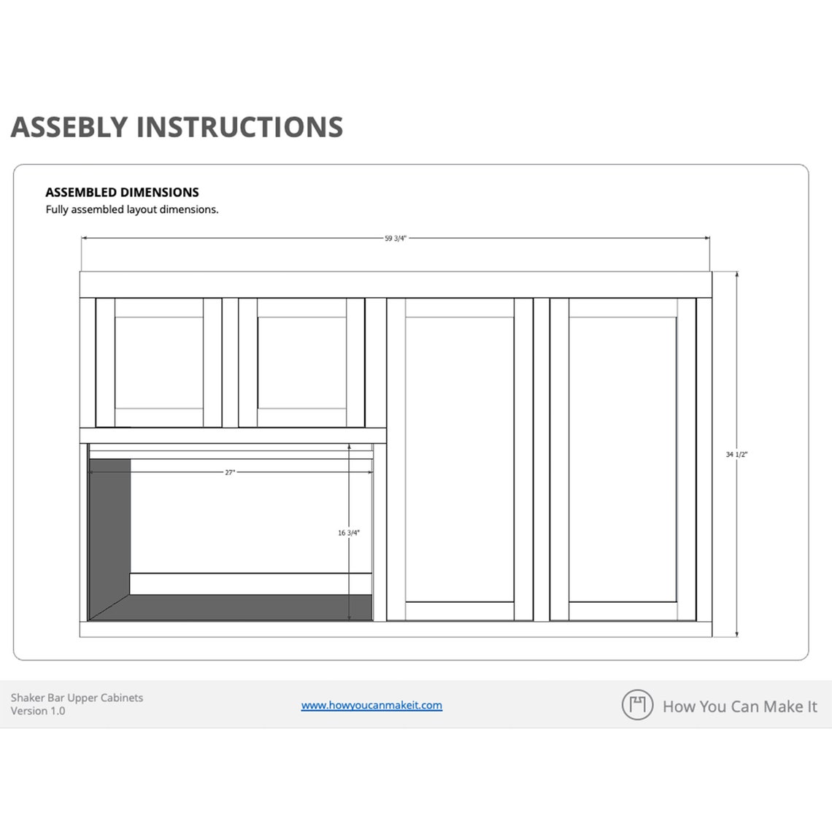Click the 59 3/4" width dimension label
click(395, 238)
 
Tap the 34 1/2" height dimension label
click(736, 455)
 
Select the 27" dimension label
click(230, 473)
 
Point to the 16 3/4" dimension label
click(349, 533)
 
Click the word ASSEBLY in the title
click(69, 127)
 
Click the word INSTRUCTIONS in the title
click(239, 127)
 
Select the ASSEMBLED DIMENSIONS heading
click(122, 193)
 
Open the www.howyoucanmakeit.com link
click(371, 705)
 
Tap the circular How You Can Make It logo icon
click(637, 705)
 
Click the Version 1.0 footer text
click(38, 711)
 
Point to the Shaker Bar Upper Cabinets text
click(77, 698)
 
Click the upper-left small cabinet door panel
click(158, 362)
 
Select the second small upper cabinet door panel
click(301, 362)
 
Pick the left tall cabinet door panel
click(460, 459)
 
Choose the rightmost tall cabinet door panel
click(623, 459)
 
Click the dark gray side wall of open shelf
click(109, 525)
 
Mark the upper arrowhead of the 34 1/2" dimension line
click(736, 275)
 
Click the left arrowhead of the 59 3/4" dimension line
click(84, 238)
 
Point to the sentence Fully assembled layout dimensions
click(132, 209)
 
